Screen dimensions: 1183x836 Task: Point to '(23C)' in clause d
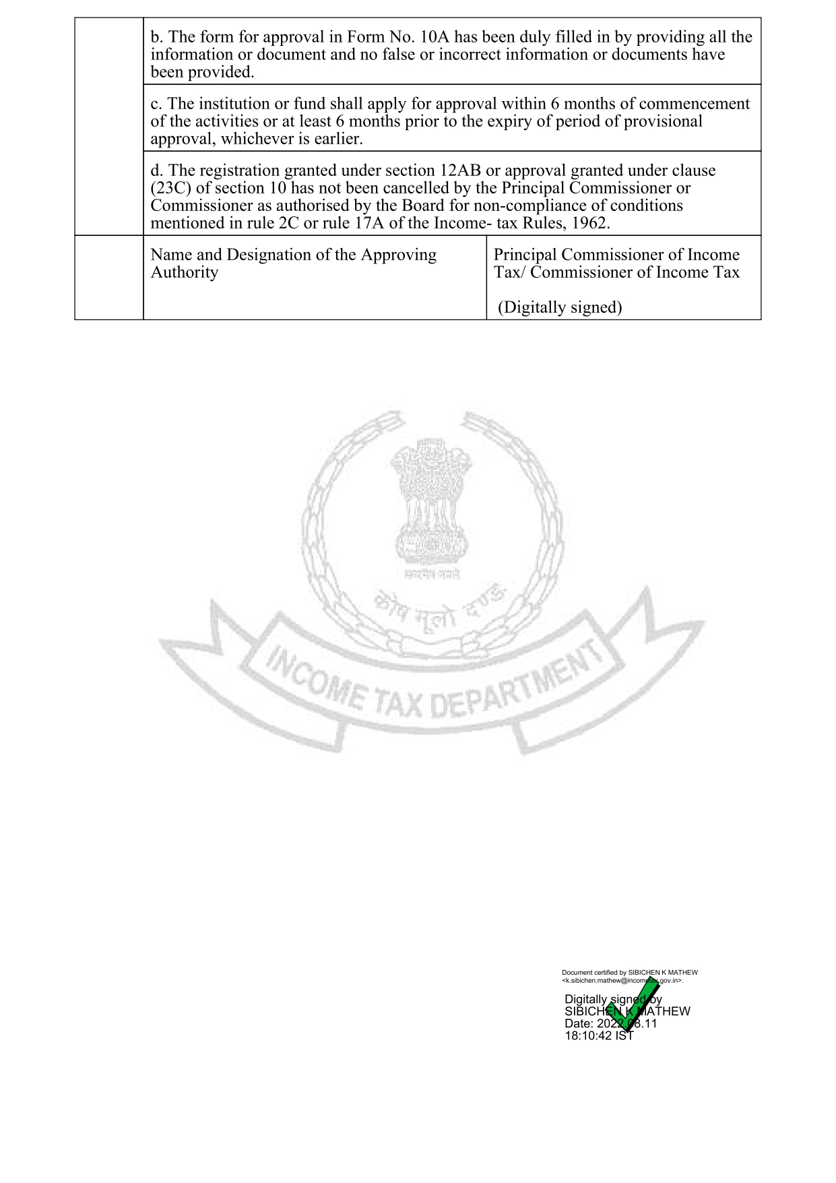click(170, 188)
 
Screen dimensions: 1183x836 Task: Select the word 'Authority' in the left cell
click(184, 272)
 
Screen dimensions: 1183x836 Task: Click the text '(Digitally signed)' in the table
click(560, 307)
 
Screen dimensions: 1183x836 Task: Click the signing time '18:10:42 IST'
click(599, 1036)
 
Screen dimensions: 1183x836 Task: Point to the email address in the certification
click(622, 981)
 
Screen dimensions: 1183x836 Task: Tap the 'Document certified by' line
click(629, 973)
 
